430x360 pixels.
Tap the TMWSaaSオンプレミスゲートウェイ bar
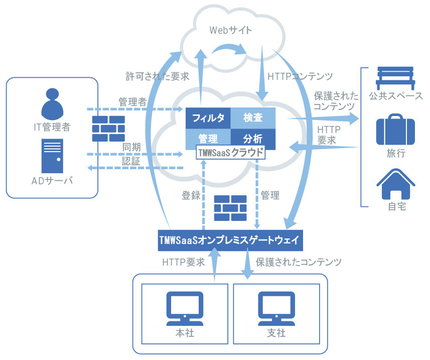(x=230, y=241)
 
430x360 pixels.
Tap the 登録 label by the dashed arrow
(x=191, y=195)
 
